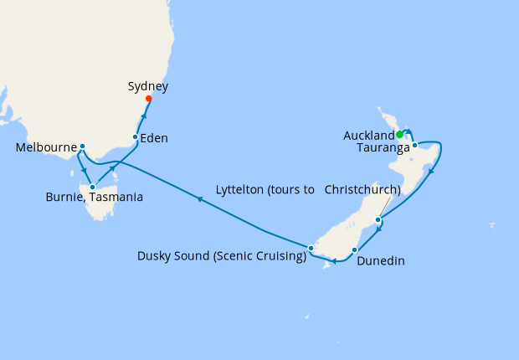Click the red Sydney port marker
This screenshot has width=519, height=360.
tap(149, 99)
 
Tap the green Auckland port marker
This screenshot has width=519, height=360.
tap(400, 134)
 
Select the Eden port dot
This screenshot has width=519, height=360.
tap(136, 136)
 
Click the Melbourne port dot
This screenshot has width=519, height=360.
tap(82, 147)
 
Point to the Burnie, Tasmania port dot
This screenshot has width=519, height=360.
tap(92, 175)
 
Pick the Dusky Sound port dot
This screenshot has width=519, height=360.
tap(311, 248)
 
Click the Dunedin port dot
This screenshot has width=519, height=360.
tap(355, 249)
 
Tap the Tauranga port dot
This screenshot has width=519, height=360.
tap(414, 145)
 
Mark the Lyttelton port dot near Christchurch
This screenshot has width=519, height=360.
tap(378, 220)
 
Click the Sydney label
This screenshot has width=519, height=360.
tap(149, 86)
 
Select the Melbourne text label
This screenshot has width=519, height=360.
tap(45, 148)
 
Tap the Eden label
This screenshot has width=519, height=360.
tap(154, 138)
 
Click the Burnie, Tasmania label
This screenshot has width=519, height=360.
tap(94, 198)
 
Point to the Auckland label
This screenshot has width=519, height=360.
tap(368, 136)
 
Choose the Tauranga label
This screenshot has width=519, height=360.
tap(383, 148)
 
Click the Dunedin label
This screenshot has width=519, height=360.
tap(381, 261)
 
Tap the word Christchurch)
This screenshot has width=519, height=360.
tap(362, 189)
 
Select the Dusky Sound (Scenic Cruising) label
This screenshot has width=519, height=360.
tap(222, 256)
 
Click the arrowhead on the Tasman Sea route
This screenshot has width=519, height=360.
tap(199, 198)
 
